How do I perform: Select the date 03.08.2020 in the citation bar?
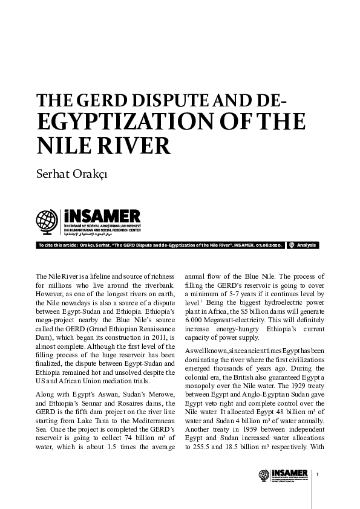267,245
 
